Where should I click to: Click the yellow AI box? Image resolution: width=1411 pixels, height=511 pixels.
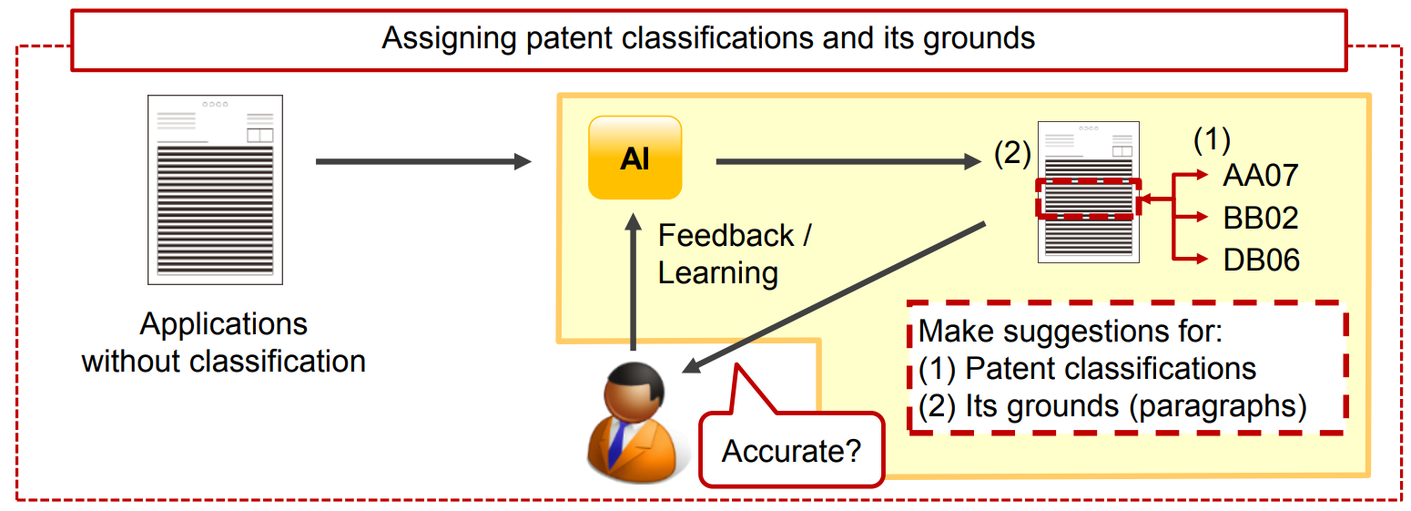coord(635,158)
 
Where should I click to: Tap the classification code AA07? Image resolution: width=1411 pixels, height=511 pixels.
coord(1261,175)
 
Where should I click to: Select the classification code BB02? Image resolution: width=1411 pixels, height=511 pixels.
coord(1261,218)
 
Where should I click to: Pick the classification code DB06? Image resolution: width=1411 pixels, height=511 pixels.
coord(1261,261)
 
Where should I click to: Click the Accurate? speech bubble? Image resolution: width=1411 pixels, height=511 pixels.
coord(792,449)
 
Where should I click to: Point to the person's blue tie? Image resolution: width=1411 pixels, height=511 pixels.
coord(618,442)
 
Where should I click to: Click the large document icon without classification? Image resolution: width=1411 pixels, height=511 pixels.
coord(216,189)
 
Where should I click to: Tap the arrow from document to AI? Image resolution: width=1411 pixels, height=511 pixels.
coord(423,161)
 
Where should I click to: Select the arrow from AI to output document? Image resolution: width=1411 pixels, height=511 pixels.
coord(848,161)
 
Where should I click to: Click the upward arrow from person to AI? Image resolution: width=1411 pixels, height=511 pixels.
coord(633,281)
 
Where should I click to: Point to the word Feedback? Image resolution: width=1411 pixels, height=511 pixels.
coord(726,236)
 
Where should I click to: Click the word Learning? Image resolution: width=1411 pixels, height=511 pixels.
coord(718,273)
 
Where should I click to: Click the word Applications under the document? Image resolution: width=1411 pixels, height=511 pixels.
coord(224,324)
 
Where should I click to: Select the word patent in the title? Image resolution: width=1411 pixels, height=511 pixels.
coord(570,38)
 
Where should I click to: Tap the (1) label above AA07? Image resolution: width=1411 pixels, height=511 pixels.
coord(1212,139)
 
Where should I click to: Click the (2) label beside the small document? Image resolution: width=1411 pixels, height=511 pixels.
coord(1012,153)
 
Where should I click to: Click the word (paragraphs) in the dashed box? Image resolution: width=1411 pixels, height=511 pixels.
coord(1218,406)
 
